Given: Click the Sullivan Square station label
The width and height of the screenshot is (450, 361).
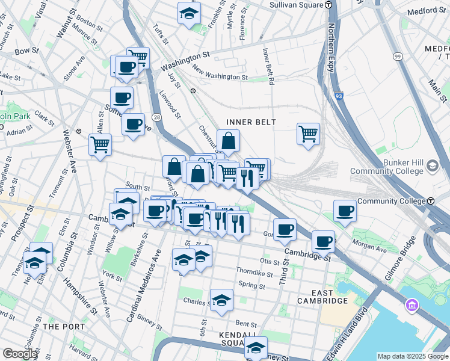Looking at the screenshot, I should click(294, 4).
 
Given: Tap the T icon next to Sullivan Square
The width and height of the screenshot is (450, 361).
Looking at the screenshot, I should click(328, 4).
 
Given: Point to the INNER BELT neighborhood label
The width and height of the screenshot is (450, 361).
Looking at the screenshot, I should click(251, 122).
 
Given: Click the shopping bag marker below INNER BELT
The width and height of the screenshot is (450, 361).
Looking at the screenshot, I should click(229, 141).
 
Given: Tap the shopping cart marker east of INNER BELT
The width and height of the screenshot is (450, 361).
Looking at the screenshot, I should click(308, 133).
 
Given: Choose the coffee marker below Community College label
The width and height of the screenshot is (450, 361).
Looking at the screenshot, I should click(345, 211).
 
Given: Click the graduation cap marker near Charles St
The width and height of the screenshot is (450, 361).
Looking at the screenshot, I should click(221, 300).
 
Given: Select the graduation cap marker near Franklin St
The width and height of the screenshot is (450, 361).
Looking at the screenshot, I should click(189, 13).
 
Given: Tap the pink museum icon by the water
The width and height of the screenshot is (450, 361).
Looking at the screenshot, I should click(412, 306).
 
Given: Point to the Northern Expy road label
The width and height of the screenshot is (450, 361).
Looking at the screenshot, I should click(330, 48).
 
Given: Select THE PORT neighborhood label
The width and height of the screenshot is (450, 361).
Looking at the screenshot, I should click(58, 326).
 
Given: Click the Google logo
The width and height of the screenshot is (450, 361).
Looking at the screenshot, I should click(19, 354).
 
